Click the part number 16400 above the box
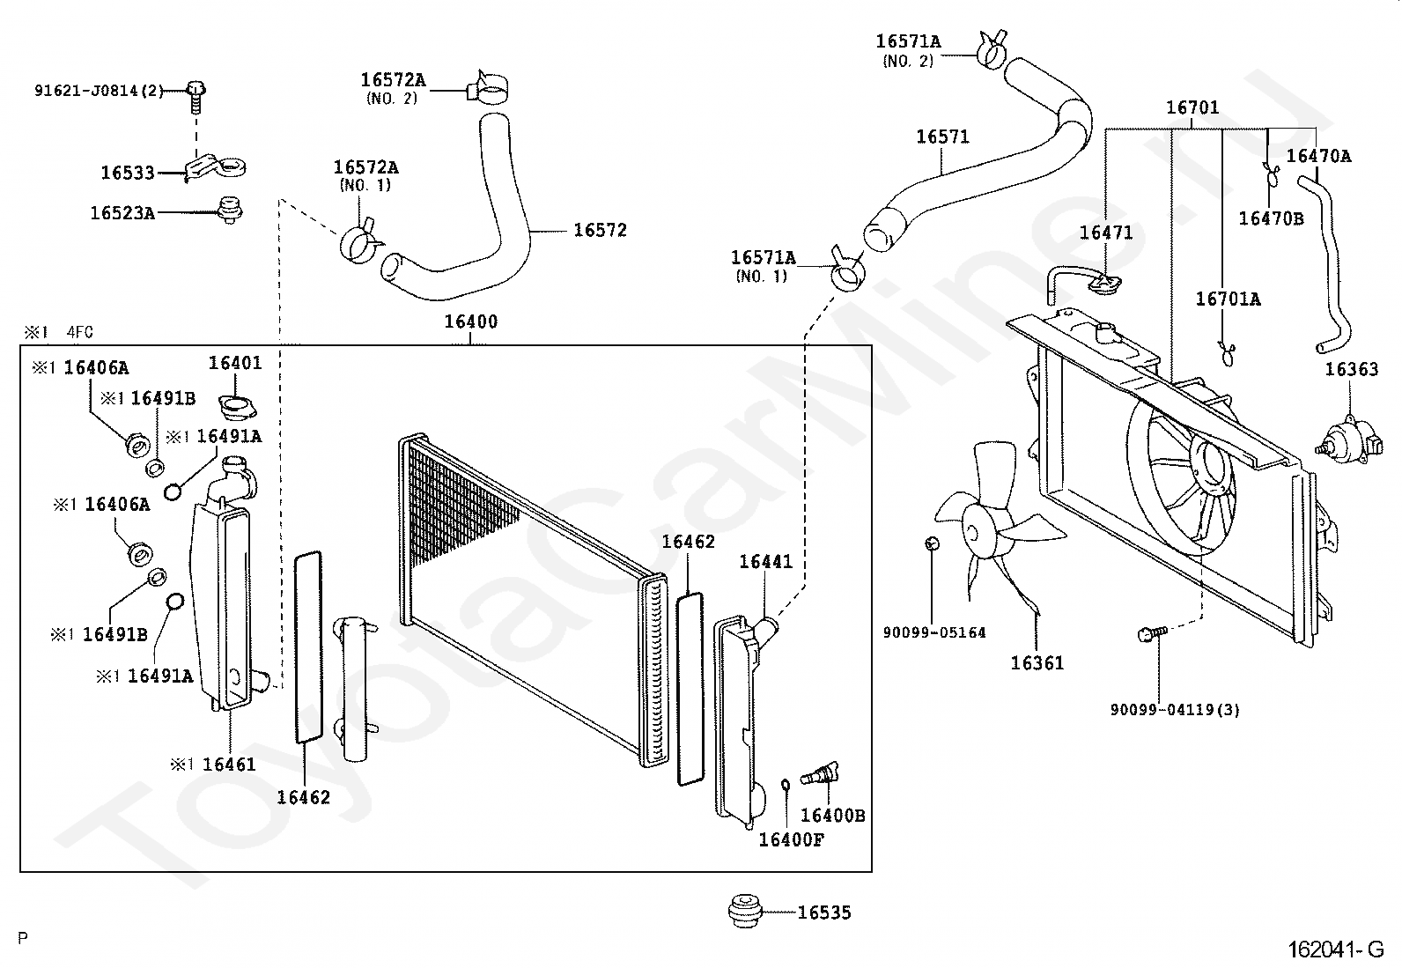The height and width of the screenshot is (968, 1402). click(470, 321)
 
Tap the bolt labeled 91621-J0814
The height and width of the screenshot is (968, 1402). click(197, 96)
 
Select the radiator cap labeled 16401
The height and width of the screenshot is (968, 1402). click(237, 406)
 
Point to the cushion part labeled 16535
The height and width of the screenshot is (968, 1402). click(745, 911)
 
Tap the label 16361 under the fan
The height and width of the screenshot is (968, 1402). click(1037, 662)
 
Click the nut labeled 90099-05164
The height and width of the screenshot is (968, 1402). click(932, 543)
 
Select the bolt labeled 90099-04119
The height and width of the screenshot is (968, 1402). click(1152, 634)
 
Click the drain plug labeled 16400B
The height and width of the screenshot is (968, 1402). click(821, 774)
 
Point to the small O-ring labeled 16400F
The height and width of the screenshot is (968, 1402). click(786, 785)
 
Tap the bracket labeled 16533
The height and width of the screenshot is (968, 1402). click(216, 168)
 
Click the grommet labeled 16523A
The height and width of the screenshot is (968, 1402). click(230, 211)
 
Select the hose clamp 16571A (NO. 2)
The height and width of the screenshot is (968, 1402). click(992, 48)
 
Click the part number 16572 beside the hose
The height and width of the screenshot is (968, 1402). click(601, 231)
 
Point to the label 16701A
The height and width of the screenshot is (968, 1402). click(1228, 299)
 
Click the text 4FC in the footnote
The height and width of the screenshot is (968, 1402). click(79, 332)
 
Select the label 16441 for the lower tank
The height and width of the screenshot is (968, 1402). click(765, 562)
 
